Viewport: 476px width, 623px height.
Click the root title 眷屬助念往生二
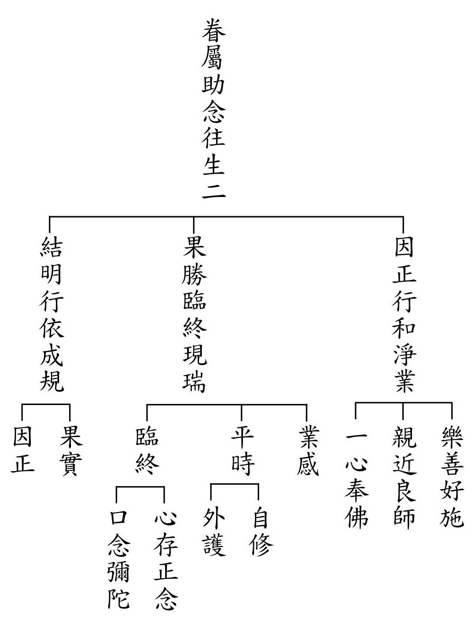pos(214,109)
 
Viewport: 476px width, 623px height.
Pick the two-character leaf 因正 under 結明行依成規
pos(22,451)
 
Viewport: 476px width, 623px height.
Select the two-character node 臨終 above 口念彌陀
pos(147,451)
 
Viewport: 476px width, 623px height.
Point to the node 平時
pos(242,451)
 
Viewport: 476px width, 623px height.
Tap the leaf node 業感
pos(306,451)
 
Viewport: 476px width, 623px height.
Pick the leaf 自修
pos(260,532)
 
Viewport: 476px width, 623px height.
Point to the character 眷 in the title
pos(214,31)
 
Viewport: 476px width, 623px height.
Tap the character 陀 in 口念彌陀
pos(118,598)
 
